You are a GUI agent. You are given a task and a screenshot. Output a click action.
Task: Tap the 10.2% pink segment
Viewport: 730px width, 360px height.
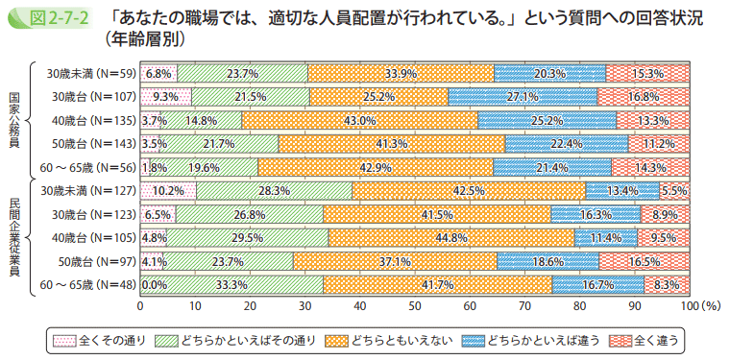click(x=168, y=190)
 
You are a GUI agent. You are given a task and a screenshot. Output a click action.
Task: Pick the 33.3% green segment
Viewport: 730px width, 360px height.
click(x=231, y=284)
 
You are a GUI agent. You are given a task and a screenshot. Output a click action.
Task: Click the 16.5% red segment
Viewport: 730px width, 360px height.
click(x=644, y=261)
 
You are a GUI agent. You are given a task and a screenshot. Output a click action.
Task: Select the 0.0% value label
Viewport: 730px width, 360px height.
click(x=154, y=284)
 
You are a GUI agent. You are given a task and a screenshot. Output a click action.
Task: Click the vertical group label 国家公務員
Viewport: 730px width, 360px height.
click(x=13, y=120)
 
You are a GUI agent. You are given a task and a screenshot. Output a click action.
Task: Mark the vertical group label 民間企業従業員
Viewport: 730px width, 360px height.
click(x=13, y=237)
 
